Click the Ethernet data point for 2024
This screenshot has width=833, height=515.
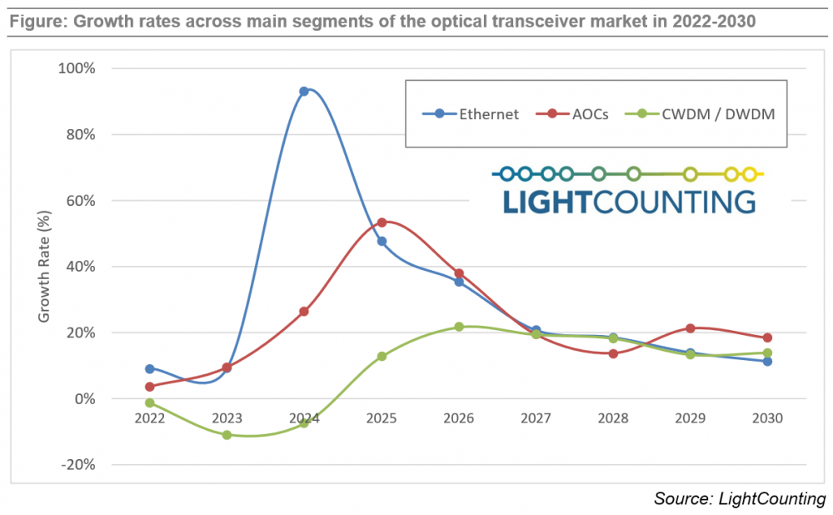point(304,92)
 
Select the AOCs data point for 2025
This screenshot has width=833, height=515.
point(382,222)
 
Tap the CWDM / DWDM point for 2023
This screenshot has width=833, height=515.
point(227,435)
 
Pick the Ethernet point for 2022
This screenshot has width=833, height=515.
point(150,368)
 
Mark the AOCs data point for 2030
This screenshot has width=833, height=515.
point(767,337)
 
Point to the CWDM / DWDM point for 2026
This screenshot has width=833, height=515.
point(459,327)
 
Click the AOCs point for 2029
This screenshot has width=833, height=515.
point(690,328)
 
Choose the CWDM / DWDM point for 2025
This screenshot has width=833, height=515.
point(382,356)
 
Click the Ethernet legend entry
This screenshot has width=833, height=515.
point(480,114)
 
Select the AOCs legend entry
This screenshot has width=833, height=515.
point(579,114)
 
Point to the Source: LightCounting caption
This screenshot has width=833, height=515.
point(740,499)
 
